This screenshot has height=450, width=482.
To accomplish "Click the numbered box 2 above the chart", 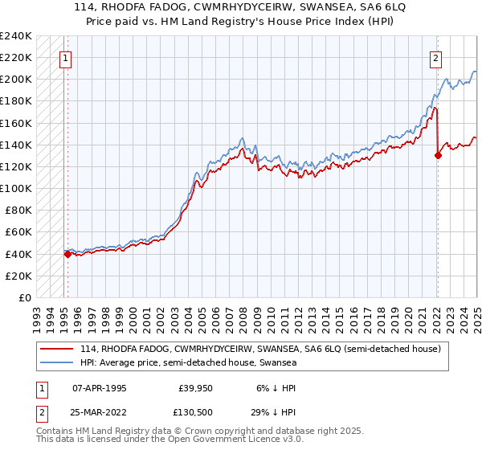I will pos(435,57).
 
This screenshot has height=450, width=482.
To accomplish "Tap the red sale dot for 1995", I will pos(67,254).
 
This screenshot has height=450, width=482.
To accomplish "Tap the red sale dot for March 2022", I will pos(438,155).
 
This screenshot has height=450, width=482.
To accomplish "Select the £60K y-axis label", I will pos(18,232).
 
